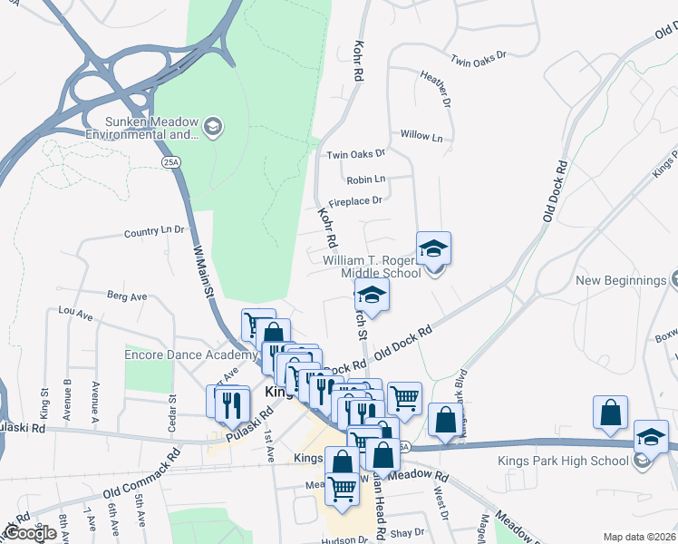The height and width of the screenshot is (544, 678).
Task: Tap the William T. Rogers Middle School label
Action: tap(373, 267)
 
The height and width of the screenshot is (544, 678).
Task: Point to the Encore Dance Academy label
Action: tap(184, 355)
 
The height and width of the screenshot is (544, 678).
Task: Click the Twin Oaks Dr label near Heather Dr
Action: tap(478, 60)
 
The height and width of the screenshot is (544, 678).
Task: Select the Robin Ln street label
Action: tap(365, 179)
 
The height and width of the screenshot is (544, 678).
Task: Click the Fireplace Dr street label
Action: tap(355, 200)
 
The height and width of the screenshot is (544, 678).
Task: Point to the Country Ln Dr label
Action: tap(154, 232)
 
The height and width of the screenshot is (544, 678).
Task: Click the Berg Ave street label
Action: tap(127, 296)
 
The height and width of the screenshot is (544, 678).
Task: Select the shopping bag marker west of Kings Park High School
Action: tap(611, 413)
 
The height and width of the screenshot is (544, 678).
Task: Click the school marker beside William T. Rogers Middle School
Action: tap(433, 248)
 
